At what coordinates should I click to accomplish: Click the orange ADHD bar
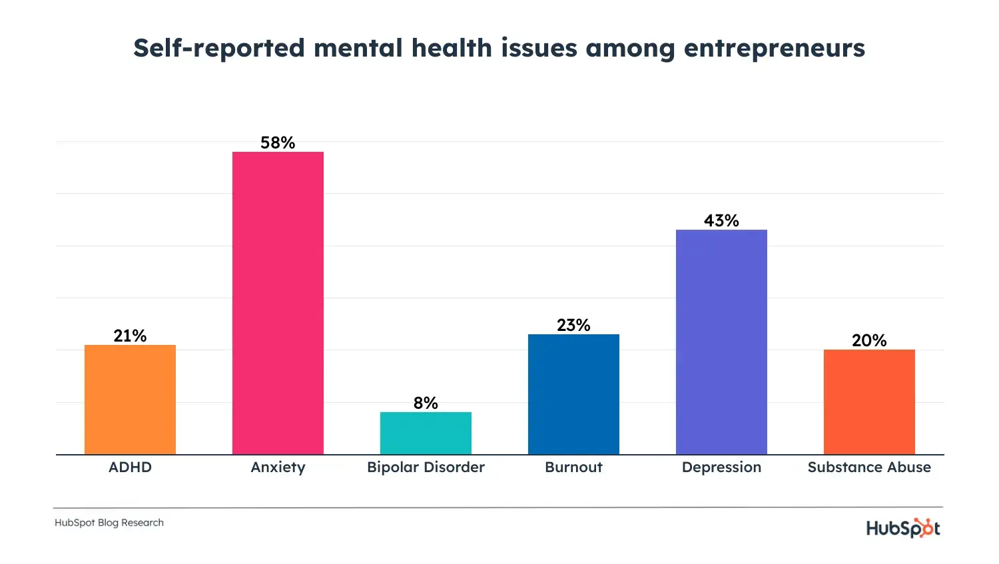[130, 400]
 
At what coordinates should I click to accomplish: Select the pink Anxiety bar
[278, 303]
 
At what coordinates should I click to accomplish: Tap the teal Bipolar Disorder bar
[426, 433]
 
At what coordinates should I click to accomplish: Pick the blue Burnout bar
[573, 394]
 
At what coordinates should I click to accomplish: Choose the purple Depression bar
[721, 342]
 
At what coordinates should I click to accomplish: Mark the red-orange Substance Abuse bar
[869, 402]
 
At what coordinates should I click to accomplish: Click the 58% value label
[278, 142]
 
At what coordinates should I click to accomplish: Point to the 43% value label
[721, 220]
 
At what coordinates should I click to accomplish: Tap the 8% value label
[426, 403]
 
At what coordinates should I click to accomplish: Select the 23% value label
[573, 325]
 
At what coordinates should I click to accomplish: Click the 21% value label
[130, 336]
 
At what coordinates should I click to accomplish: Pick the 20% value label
[869, 340]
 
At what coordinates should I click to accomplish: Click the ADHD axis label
[130, 467]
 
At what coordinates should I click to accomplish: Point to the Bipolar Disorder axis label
[426, 467]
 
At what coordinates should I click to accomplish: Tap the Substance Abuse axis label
[869, 467]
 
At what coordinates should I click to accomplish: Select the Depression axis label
[721, 467]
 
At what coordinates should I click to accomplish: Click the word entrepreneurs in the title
[774, 49]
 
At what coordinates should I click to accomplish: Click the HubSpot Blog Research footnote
[109, 523]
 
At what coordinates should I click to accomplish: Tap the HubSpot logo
[903, 528]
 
